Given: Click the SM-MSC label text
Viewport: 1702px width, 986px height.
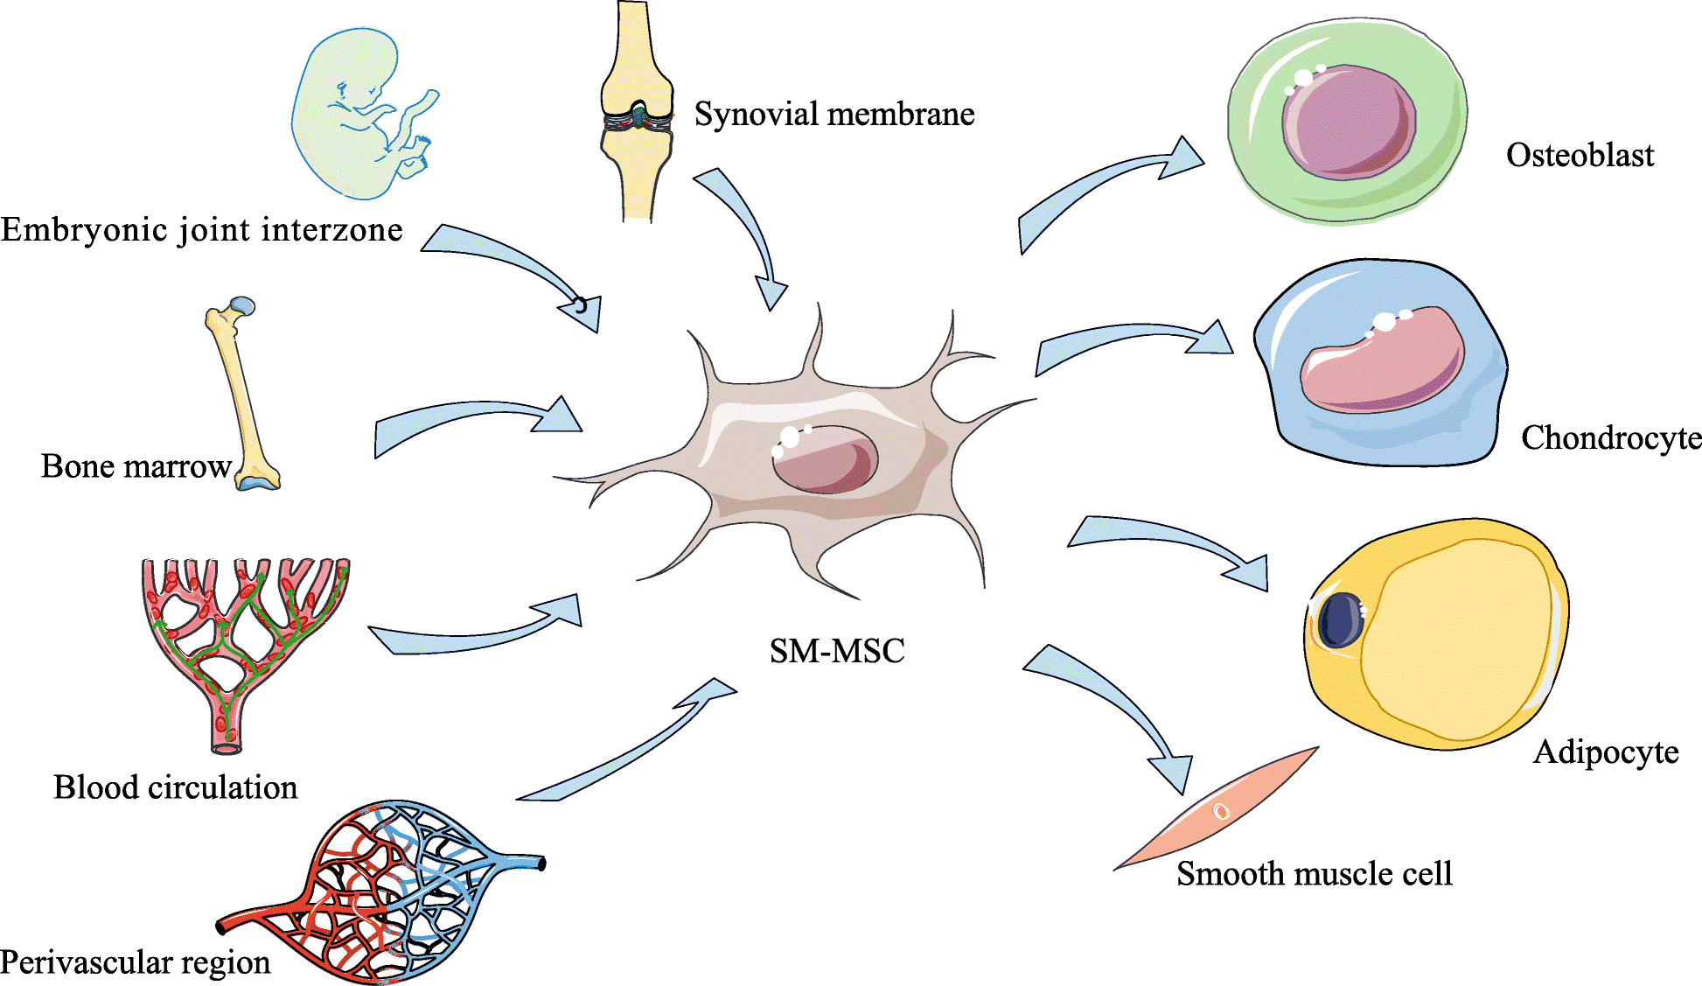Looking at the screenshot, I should pos(837,651).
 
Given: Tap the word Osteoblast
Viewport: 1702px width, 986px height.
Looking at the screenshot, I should pos(1580,156).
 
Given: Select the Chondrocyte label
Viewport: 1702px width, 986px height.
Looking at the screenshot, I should pos(1610,437).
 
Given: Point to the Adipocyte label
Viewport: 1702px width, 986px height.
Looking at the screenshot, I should pos(1606,752).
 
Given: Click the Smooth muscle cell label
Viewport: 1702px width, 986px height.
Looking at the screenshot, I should pos(1314,874).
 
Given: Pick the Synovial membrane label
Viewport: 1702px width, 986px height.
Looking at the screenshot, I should pos(834,115).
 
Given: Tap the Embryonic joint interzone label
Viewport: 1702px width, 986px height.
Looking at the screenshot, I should pos(202,230).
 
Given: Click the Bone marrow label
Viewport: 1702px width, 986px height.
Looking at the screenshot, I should pos(136,466).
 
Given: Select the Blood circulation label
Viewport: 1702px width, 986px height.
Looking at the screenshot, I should pos(175,787).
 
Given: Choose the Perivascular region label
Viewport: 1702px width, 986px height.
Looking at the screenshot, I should pos(136,962).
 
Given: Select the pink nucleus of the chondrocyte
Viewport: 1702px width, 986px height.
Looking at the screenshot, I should pos(1382,359).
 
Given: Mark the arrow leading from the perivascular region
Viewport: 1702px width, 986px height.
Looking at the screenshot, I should pos(630,744).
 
